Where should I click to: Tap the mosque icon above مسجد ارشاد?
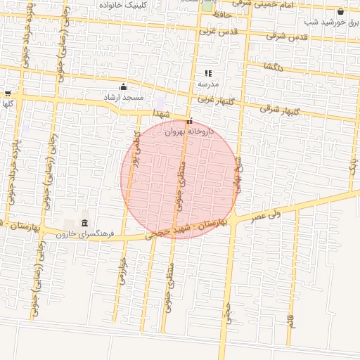124,86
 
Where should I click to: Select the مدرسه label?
208,83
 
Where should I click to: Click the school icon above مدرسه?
208,73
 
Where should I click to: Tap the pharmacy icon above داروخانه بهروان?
190,120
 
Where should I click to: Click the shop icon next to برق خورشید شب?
341,12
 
